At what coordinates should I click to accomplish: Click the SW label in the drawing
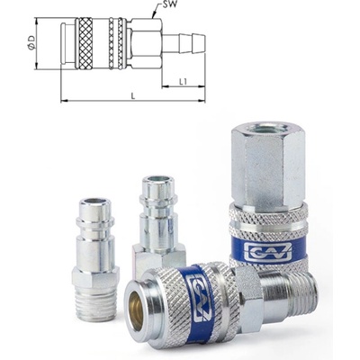point(168,5)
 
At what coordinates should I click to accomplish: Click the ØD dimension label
point(31,42)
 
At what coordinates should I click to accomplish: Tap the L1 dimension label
point(183,82)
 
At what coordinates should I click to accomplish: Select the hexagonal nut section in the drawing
point(144,43)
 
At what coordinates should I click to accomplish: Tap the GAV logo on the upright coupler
point(267,251)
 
